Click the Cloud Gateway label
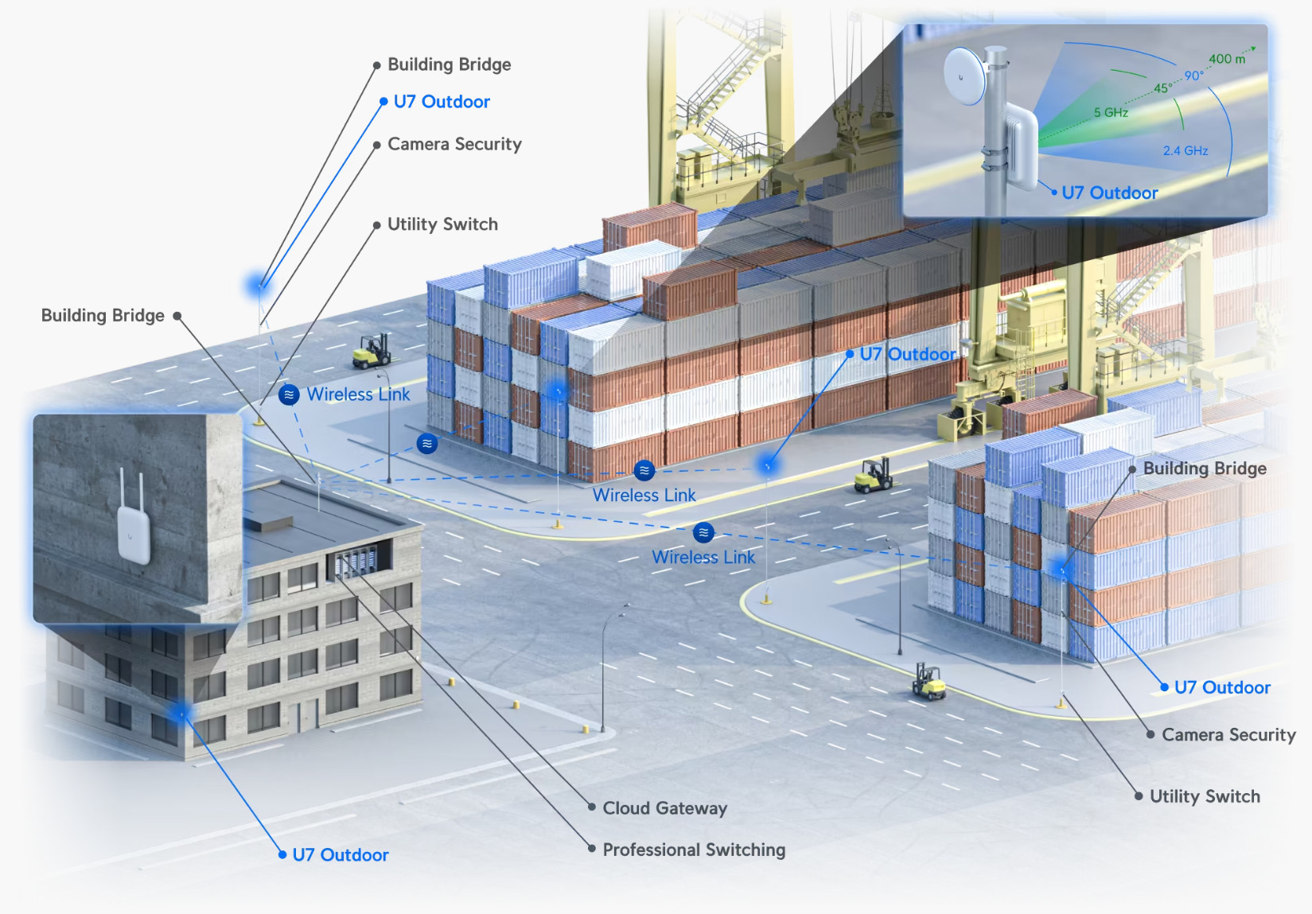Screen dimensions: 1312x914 [665, 808]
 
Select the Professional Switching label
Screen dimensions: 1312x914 [694, 850]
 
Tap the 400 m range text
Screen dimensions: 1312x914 [1227, 59]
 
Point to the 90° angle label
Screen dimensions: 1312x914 [1193, 76]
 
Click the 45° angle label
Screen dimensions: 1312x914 [1163, 88]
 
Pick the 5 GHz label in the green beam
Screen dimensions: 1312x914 [1111, 112]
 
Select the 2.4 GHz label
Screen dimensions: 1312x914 [1185, 150]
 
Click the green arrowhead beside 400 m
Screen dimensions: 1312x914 [1253, 49]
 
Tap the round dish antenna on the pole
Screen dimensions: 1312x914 [964, 76]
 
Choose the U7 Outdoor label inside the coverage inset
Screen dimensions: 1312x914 [1109, 193]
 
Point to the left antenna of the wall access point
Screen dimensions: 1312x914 [123, 488]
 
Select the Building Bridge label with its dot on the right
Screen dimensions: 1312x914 [103, 315]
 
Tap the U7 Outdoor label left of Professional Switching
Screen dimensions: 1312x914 [341, 855]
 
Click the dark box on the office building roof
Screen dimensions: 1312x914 [269, 523]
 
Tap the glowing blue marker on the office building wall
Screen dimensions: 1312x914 [181, 714]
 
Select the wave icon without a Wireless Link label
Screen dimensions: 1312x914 [427, 443]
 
